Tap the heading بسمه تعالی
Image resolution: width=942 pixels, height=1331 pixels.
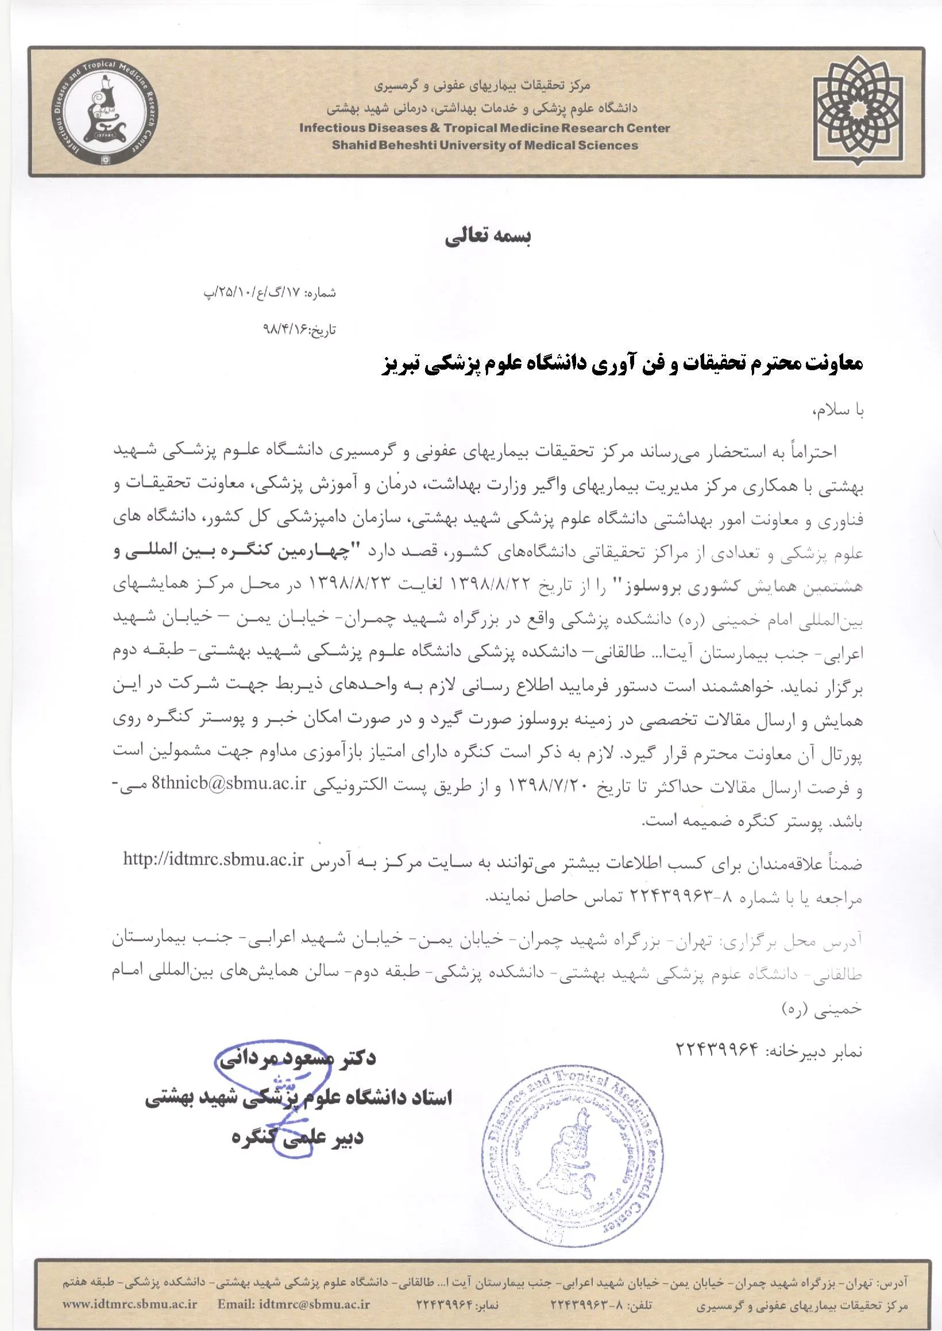click(x=488, y=238)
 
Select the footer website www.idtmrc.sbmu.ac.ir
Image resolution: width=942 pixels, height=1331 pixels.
click(x=130, y=1304)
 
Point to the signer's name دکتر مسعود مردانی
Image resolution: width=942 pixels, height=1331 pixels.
click(x=297, y=1058)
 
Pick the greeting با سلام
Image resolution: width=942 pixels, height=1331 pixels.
click(x=839, y=410)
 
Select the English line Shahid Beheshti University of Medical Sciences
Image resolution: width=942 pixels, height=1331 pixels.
click(x=485, y=145)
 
